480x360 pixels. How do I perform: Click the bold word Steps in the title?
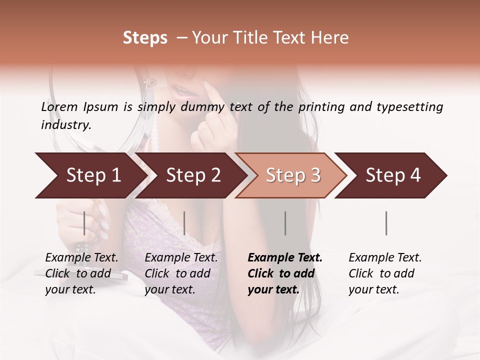point(145,38)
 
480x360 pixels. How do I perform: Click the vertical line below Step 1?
point(84,223)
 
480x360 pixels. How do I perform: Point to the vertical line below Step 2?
point(184,223)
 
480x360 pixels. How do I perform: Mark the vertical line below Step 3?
point(285,223)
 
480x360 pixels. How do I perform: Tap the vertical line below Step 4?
point(386,223)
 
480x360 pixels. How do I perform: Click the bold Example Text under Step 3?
point(285,257)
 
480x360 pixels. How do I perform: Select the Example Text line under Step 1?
point(81,257)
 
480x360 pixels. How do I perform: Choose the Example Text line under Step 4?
point(385,257)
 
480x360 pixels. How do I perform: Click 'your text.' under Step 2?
point(169,289)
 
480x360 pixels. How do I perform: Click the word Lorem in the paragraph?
point(59,107)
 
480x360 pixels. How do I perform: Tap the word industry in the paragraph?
point(65,124)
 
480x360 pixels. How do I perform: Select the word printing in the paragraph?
point(320,107)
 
